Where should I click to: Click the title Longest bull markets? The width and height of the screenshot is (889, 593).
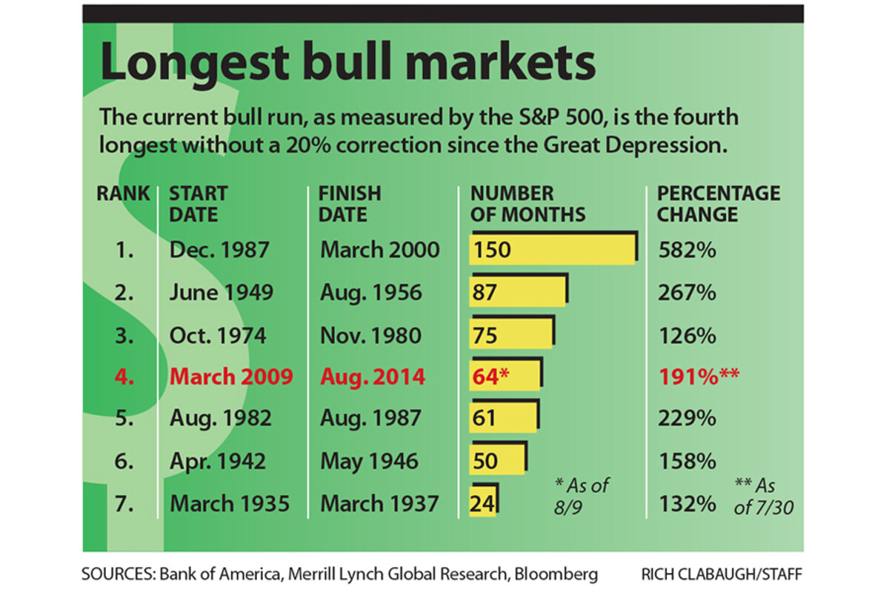point(347,63)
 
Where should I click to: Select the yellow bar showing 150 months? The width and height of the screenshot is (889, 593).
point(553,249)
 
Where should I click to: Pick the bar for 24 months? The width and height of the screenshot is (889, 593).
point(483,503)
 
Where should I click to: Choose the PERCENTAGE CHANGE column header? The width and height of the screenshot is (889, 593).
point(719,204)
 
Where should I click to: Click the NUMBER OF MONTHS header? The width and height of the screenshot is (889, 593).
point(527,204)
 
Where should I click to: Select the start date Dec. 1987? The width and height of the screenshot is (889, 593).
point(219,250)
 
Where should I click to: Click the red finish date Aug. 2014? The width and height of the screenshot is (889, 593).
point(373,377)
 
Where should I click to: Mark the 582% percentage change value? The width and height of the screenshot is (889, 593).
point(687,250)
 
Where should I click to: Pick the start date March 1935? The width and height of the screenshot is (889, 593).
point(230,504)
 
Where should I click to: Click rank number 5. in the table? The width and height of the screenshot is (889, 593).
point(124,419)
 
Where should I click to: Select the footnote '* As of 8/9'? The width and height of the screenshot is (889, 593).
point(581,494)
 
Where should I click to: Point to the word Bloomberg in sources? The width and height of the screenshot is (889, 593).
point(548,573)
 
